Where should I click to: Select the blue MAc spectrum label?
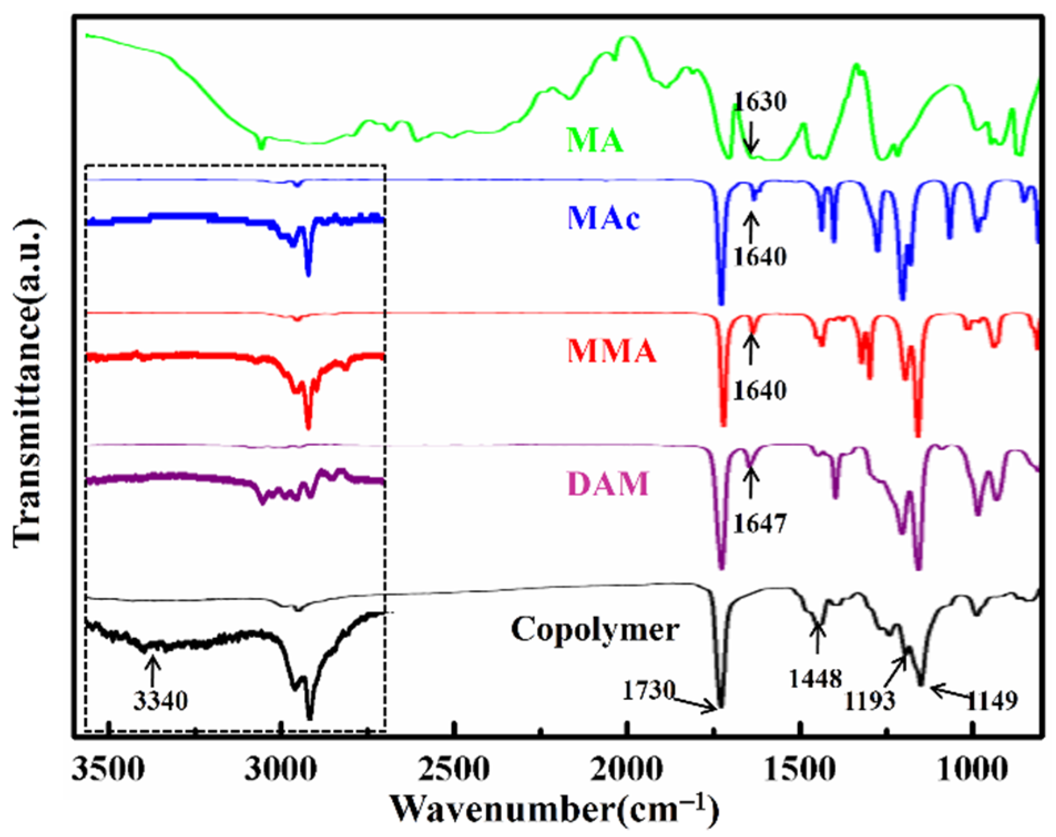click(x=603, y=218)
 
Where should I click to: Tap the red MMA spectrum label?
click(x=611, y=351)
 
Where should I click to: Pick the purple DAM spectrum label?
click(x=608, y=484)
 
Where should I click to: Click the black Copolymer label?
click(x=594, y=630)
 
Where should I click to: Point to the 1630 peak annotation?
click(x=760, y=102)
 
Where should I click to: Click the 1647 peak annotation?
click(x=759, y=524)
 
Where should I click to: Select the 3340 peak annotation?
click(x=160, y=701)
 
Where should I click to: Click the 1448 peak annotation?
click(x=815, y=678)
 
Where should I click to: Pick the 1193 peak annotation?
click(x=870, y=701)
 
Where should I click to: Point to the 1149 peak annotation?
click(x=992, y=701)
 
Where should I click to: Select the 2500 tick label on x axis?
click(x=454, y=770)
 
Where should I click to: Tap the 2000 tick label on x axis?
click(x=627, y=770)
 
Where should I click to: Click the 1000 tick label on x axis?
click(x=973, y=770)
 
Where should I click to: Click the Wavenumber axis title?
click(x=554, y=809)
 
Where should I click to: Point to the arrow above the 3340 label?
click(x=152, y=669)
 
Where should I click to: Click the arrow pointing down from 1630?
click(x=751, y=136)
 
